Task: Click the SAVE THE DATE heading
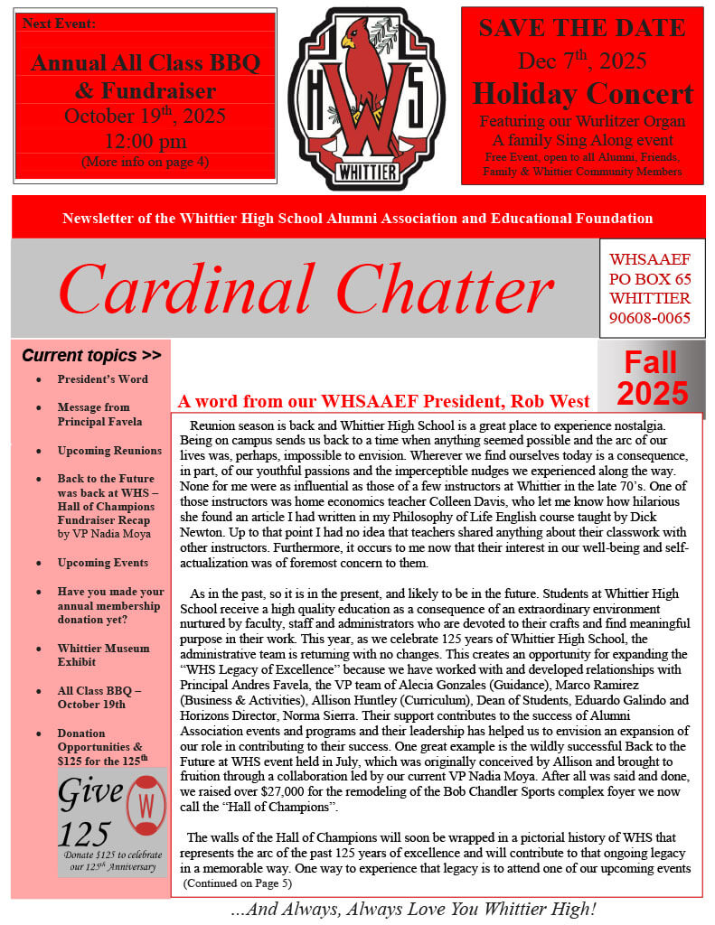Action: pos(582,28)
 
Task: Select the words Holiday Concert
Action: pos(582,93)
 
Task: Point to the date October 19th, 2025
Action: pos(145,117)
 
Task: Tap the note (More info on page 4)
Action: pos(145,163)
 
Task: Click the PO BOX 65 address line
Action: pos(650,279)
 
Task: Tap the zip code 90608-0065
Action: pos(650,318)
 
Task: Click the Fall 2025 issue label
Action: pos(651,378)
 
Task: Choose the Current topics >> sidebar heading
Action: pos(91,355)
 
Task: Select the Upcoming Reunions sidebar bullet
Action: pos(109,450)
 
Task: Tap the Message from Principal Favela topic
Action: pos(99,414)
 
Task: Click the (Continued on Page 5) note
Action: pos(237,883)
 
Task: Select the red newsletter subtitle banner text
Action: pos(358,219)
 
